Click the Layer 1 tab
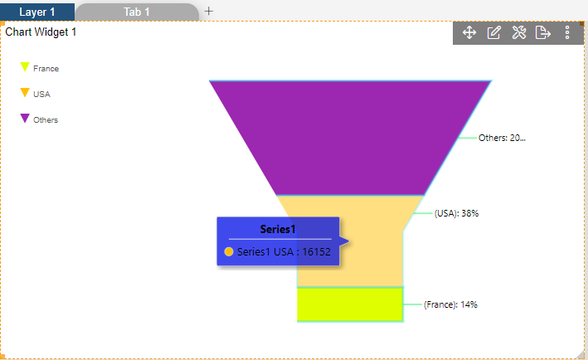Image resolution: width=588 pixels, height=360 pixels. [37, 12]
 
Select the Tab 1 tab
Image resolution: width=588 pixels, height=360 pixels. [137, 12]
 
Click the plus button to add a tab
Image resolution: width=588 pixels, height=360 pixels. [208, 12]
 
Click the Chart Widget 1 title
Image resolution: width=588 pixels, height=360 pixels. [41, 32]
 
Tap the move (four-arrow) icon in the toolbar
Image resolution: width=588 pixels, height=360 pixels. [469, 32]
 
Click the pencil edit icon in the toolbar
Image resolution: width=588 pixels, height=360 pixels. [494, 32]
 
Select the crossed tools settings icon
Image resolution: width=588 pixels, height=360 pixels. [519, 32]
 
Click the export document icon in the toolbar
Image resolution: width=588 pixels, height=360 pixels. [542, 32]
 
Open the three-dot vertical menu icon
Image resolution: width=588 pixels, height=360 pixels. [567, 32]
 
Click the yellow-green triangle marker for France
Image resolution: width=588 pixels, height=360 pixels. [25, 66]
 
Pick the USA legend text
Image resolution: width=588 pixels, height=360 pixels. [41, 94]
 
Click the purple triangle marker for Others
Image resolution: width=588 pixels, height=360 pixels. [25, 118]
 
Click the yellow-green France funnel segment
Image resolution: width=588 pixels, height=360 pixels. [350, 304]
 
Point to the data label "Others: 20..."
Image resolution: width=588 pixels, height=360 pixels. [502, 138]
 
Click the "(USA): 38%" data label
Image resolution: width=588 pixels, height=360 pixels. [456, 213]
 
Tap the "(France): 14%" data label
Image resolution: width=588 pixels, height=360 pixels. [450, 304]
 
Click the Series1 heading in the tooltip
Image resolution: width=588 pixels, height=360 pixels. [278, 229]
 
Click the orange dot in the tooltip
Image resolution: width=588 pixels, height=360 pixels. [229, 251]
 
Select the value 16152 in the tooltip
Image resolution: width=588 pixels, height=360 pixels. [317, 251]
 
